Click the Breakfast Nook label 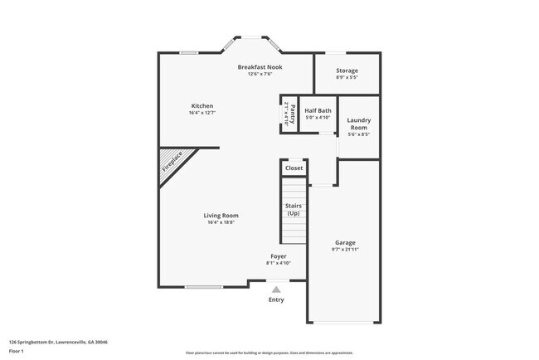[260, 66]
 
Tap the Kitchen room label [202, 106]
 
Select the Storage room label [347, 71]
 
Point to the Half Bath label [318, 110]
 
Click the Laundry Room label [358, 124]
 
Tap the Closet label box [294, 168]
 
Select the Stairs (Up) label [294, 209]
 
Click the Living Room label [221, 216]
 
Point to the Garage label [345, 243]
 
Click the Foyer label [279, 256]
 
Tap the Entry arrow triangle [276, 289]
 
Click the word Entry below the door [276, 299]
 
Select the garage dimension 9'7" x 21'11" [345, 250]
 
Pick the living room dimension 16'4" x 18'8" [221, 222]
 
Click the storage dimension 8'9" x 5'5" [347, 77]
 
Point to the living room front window [204, 287]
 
